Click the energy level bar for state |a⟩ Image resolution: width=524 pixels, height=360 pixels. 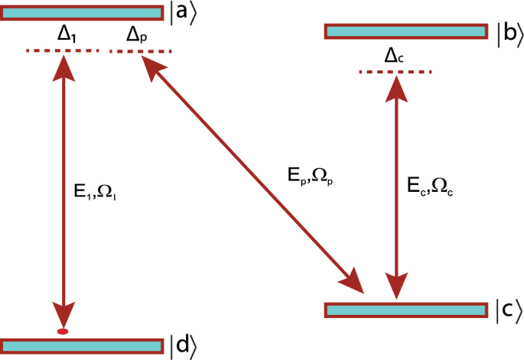(x=81, y=12)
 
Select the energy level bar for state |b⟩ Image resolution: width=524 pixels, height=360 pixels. (x=406, y=31)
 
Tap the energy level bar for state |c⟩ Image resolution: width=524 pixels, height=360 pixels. (x=406, y=310)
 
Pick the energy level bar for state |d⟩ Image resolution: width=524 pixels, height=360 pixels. (x=81, y=345)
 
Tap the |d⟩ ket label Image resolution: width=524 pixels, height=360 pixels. (x=184, y=345)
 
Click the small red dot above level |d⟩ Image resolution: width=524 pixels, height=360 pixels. (x=63, y=331)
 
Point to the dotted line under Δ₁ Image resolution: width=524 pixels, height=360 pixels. (x=63, y=50)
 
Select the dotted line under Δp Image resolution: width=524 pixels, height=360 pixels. (x=142, y=52)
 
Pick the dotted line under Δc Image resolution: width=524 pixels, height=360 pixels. (x=395, y=72)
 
